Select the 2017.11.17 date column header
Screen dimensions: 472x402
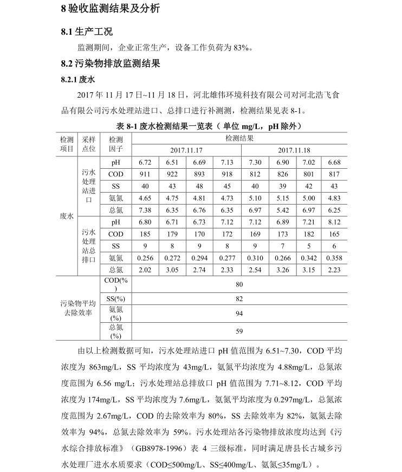click(186, 150)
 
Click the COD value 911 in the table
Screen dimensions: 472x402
click(145, 174)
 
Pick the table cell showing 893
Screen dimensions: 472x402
click(199, 174)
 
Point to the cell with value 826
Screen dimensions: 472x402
click(282, 174)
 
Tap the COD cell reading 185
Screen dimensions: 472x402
click(145, 234)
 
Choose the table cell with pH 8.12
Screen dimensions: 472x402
click(334, 222)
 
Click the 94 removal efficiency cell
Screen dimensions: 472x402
click(239, 314)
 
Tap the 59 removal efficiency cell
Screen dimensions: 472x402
click(239, 331)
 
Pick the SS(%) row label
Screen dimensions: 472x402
click(116, 299)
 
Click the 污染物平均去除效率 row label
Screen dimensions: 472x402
click(78, 308)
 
